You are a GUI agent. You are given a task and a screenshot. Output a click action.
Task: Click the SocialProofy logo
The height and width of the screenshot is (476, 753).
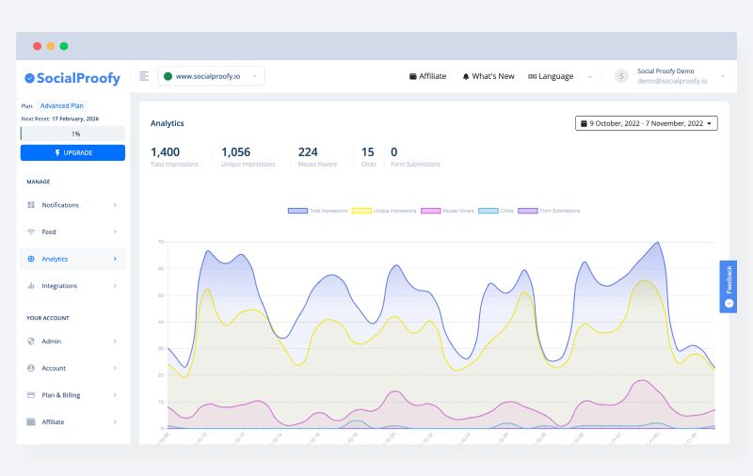coord(72,78)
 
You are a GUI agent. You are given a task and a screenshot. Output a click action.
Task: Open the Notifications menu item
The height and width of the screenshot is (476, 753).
coord(60,204)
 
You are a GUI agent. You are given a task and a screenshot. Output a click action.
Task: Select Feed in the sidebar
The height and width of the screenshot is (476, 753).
coord(49,231)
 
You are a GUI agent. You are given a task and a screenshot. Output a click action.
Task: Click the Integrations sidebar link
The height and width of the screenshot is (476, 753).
coord(59,285)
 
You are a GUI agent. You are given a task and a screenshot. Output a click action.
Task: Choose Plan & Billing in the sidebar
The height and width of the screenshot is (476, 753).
coord(60,395)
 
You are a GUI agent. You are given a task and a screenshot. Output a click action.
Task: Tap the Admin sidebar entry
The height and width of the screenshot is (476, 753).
coord(51,341)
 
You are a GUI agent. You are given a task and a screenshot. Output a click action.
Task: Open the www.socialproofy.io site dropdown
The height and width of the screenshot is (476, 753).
coord(211,76)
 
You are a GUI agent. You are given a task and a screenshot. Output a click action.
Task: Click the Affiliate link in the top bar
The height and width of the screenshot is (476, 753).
coord(427,76)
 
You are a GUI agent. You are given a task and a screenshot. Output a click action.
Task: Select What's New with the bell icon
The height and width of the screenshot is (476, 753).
coord(488,76)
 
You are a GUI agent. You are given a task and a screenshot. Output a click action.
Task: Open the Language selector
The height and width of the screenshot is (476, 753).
coord(552,76)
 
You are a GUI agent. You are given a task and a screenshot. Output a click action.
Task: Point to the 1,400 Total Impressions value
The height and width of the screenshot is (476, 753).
coord(165,151)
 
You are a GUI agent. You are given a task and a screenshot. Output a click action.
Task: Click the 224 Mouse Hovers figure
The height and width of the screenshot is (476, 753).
coord(308,151)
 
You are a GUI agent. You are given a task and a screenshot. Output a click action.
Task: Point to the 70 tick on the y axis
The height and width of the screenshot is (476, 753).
coord(161,242)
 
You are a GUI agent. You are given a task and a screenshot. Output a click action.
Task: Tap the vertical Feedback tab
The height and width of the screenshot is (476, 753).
coord(728,286)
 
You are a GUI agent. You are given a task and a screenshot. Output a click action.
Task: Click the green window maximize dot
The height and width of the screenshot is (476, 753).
coord(64,45)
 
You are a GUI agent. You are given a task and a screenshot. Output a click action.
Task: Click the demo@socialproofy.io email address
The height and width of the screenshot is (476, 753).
coord(671,82)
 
